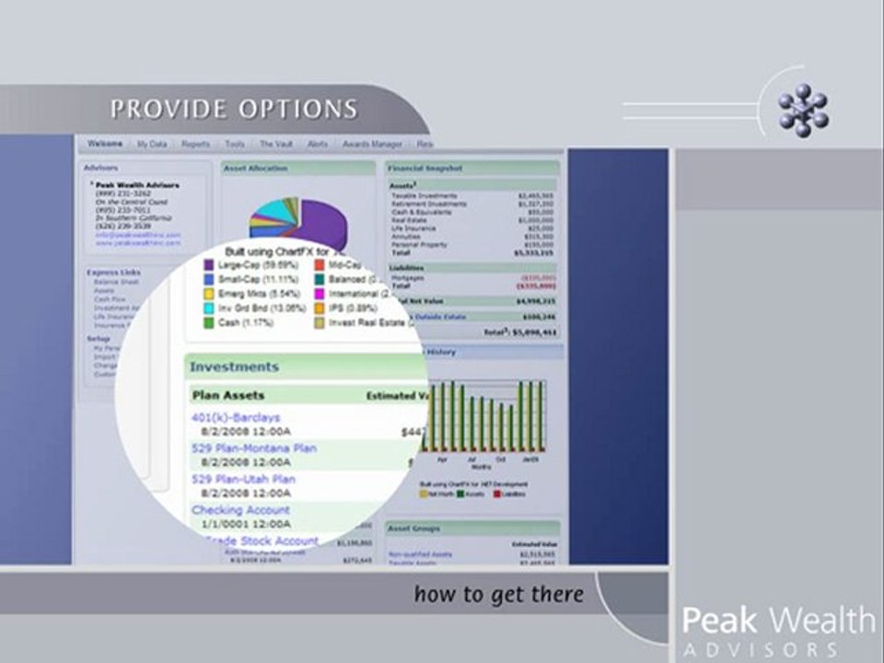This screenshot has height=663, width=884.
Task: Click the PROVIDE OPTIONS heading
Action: pyautogui.click(x=234, y=110)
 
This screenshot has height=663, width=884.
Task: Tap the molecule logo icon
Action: pyautogui.click(x=803, y=110)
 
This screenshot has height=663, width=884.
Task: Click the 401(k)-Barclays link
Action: pyautogui.click(x=236, y=418)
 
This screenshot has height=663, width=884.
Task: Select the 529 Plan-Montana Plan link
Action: pyautogui.click(x=254, y=448)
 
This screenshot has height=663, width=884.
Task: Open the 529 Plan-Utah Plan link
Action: pyautogui.click(x=243, y=480)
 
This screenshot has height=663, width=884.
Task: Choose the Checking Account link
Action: pyautogui.click(x=240, y=510)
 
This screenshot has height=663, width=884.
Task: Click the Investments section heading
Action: pyautogui.click(x=234, y=366)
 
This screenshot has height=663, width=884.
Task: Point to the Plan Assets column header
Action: pyautogui.click(x=227, y=396)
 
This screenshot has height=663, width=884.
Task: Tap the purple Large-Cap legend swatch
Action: pyautogui.click(x=209, y=265)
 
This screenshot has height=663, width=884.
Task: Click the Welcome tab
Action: pyautogui.click(x=105, y=145)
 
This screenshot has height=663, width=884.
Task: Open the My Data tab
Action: pyautogui.click(x=152, y=145)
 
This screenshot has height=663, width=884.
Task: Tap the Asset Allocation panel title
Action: pyautogui.click(x=256, y=169)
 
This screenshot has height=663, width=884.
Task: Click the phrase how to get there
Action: pyautogui.click(x=498, y=595)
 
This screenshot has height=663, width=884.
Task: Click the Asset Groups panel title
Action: pyautogui.click(x=415, y=529)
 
